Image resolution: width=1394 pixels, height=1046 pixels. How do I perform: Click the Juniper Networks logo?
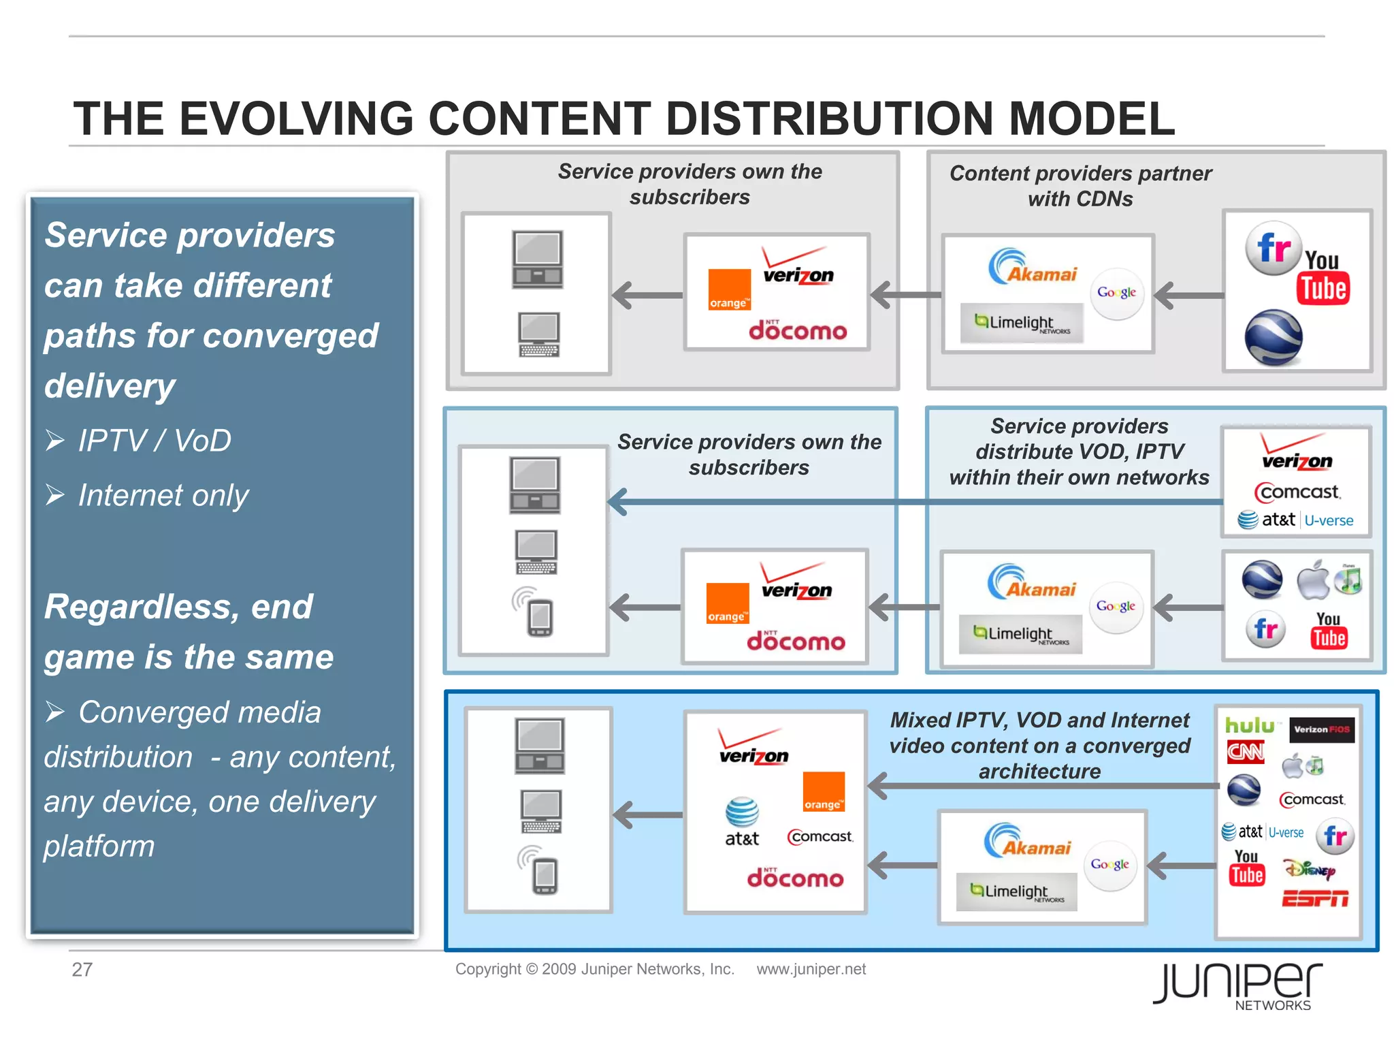point(1237,985)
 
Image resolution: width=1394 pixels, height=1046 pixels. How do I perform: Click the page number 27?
point(82,969)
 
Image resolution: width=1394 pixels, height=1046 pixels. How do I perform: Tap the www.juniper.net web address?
point(811,969)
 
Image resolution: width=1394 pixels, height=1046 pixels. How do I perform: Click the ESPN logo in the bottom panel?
point(1314,899)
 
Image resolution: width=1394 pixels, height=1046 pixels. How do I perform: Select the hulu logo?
point(1249,726)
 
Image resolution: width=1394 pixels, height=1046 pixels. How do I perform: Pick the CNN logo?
point(1245,752)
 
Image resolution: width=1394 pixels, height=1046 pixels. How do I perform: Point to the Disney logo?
point(1309,869)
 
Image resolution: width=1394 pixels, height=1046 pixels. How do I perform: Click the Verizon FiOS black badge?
point(1321,729)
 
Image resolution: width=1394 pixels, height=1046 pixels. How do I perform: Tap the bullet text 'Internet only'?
point(163,495)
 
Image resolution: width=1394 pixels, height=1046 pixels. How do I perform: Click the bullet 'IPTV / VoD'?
point(154,441)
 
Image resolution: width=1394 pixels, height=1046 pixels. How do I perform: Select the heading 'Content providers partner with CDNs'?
point(1080,185)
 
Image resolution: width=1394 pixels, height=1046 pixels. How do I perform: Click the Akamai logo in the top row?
point(1033,268)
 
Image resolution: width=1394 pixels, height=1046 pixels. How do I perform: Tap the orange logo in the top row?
point(728,290)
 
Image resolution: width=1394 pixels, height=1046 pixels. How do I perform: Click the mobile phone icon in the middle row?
point(539,616)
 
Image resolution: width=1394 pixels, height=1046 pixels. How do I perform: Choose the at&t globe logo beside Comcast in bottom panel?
point(741,821)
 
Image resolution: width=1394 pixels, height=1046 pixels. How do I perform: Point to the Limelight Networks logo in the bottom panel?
point(1016,892)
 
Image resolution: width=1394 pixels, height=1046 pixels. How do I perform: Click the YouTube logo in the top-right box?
point(1323,279)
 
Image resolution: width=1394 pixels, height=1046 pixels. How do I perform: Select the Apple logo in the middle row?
point(1312,581)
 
